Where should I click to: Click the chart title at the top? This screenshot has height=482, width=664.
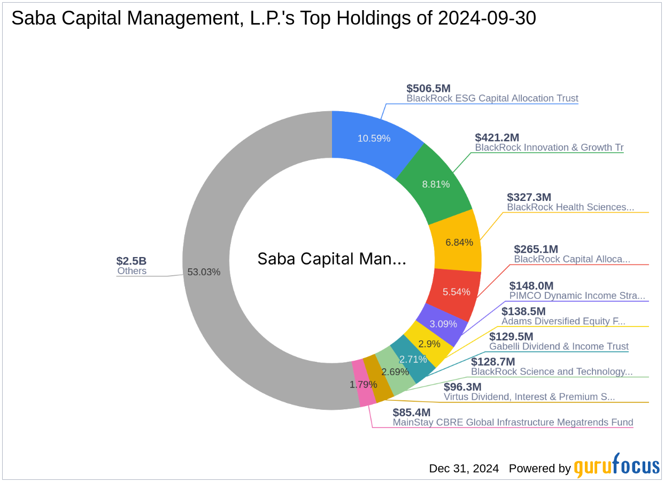tap(273, 18)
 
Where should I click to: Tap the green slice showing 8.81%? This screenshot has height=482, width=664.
tap(436, 184)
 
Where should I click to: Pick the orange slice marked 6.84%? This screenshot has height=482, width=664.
tap(459, 242)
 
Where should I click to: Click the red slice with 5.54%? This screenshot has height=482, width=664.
tap(456, 292)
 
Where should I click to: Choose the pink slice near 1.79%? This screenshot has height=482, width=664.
tap(366, 384)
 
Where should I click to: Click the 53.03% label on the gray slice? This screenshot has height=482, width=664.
tap(204, 271)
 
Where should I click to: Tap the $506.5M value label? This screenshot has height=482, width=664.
tap(428, 88)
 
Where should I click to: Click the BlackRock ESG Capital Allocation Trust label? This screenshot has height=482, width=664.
tap(492, 98)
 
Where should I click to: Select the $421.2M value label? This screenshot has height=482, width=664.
tap(497, 137)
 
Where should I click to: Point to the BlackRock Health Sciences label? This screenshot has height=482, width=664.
tap(570, 207)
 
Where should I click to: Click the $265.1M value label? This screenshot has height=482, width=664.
tap(536, 249)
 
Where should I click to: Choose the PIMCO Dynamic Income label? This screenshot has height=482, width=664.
tap(577, 296)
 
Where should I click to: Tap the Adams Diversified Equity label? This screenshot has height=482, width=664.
tap(563, 321)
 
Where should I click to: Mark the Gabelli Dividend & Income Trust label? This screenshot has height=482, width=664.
tap(559, 346)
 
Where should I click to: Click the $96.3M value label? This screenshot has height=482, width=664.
tap(462, 387)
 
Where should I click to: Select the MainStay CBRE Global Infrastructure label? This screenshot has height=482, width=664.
tap(513, 422)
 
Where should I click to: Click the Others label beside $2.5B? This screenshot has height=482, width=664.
tap(132, 271)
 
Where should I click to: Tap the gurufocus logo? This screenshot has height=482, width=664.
tap(616, 467)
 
